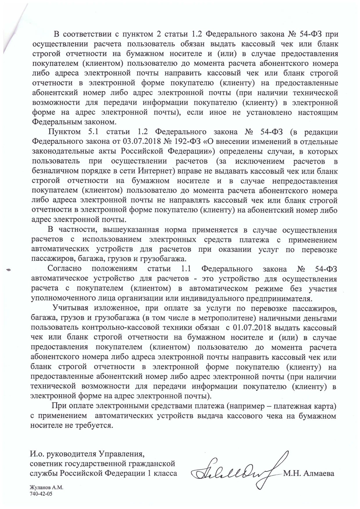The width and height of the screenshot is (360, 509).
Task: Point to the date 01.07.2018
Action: click(x=252, y=328)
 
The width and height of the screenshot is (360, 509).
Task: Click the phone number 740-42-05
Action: click(x=42, y=494)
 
